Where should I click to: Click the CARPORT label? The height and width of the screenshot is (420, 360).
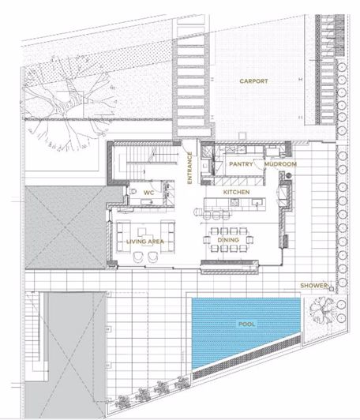click(253, 81)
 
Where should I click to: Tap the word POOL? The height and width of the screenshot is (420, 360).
click(246, 324)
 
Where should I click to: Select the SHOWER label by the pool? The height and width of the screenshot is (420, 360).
click(313, 286)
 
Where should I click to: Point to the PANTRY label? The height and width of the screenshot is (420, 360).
click(241, 164)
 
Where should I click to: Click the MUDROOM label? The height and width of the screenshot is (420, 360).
click(280, 164)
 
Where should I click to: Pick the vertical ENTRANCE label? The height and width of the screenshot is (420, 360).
click(189, 168)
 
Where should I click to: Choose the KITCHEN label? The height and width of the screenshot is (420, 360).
click(236, 192)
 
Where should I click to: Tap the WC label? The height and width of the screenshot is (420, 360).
click(148, 193)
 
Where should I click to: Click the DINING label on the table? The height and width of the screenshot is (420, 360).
click(228, 240)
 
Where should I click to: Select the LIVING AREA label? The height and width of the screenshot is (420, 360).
click(145, 242)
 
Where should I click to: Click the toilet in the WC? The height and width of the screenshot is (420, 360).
click(133, 192)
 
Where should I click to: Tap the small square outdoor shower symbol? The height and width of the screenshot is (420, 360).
click(332, 289)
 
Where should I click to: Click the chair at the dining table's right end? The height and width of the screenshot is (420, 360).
click(250, 239)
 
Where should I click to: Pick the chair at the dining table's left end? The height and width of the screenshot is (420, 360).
click(207, 239)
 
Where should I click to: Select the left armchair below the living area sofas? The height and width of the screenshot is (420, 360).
click(138, 257)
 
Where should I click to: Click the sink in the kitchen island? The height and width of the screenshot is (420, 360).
click(257, 203)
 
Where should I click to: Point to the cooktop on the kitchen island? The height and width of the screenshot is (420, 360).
click(234, 203)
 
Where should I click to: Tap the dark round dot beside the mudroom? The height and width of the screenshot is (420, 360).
click(289, 176)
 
